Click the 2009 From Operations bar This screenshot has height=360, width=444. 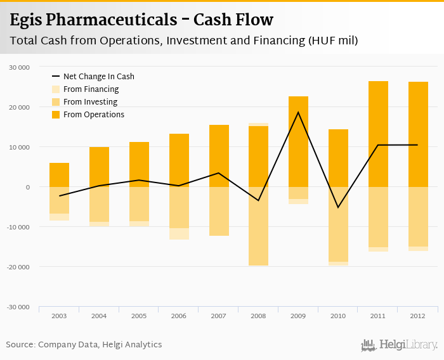298,141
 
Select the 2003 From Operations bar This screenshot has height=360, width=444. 59,175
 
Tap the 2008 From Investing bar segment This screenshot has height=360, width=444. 258,226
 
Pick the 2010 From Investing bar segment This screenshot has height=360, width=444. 338,224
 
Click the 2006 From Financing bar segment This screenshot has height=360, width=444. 179,234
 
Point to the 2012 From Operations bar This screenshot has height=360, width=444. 418,134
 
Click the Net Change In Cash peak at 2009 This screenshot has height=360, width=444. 298,112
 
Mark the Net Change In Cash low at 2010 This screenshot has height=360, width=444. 338,207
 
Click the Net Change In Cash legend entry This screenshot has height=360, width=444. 98,77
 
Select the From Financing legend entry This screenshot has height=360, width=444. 91,89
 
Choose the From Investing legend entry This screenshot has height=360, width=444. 90,102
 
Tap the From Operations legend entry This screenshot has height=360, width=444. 93,115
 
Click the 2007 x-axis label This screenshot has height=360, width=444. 218,316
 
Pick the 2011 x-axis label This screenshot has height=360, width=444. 378,316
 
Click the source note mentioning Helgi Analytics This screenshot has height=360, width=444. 84,345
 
